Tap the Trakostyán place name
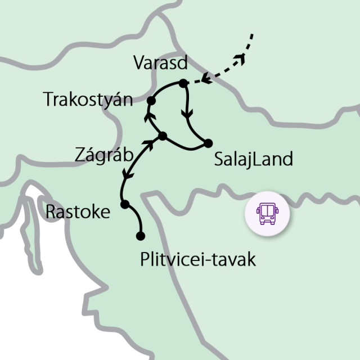(x=88, y=100)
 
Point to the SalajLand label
(x=254, y=159)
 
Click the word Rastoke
(x=78, y=212)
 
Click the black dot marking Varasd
(x=182, y=84)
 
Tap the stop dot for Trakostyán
(x=151, y=101)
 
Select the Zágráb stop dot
(x=162, y=136)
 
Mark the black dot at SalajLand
(x=208, y=142)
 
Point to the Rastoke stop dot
(x=125, y=204)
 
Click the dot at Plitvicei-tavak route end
(x=141, y=236)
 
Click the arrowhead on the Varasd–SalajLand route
(x=187, y=114)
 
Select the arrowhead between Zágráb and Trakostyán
(x=149, y=116)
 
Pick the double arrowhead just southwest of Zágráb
(x=148, y=145)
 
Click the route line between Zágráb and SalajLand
(x=186, y=147)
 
